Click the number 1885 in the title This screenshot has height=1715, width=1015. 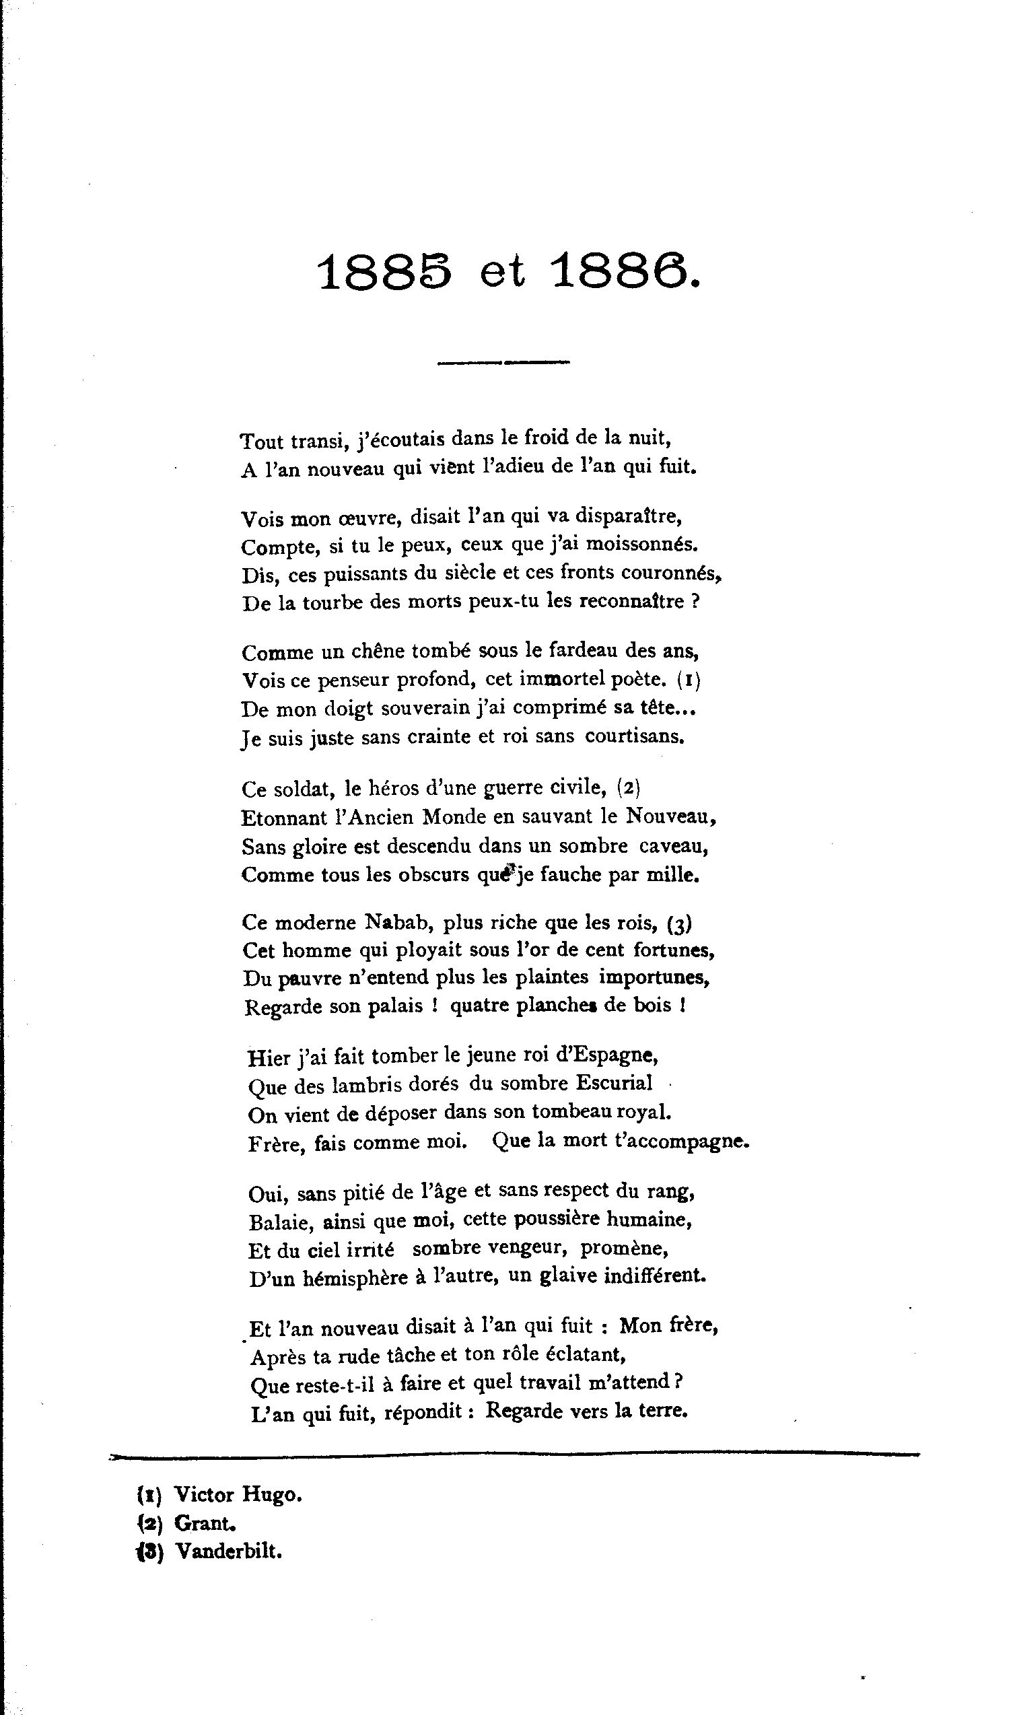tap(385, 271)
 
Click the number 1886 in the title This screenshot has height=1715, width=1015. tap(625, 271)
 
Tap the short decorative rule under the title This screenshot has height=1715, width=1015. tap(503, 361)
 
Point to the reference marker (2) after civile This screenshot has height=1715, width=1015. tap(629, 788)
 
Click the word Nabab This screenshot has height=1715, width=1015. tap(386, 923)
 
